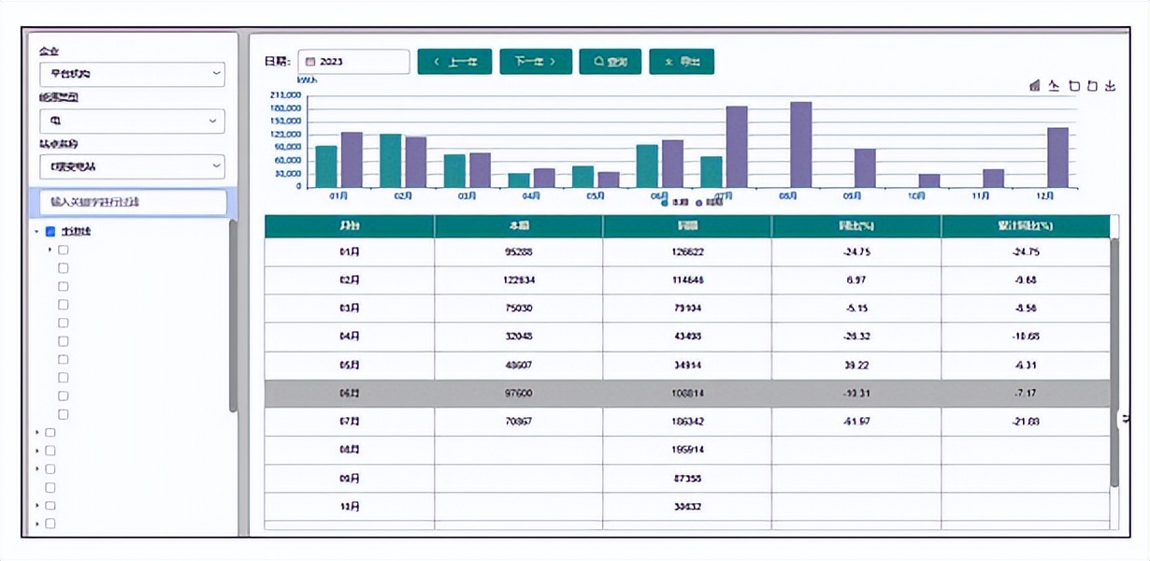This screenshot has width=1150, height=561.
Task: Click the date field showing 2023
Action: [x=353, y=62]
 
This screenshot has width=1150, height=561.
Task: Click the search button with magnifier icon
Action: [x=610, y=62]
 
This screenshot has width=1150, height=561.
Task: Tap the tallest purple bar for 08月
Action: [x=800, y=145]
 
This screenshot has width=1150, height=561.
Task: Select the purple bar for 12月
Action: [x=1057, y=157]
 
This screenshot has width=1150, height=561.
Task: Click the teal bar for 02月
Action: [x=390, y=161]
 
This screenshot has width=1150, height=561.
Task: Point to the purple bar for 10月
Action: [x=928, y=180]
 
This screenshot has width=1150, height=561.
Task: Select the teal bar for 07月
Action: [x=712, y=172]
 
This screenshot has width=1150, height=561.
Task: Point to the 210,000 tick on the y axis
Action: [x=284, y=95]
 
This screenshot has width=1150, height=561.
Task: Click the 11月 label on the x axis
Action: [x=981, y=196]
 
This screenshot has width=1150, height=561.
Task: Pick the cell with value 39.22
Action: [x=856, y=366]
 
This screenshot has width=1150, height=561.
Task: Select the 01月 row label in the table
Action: [x=349, y=252]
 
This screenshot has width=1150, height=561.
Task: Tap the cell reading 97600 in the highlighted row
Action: [x=517, y=394]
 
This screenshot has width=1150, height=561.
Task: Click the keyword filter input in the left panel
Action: [x=133, y=202]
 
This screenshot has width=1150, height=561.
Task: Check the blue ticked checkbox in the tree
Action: [x=50, y=231]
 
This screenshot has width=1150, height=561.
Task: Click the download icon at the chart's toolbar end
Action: [x=1110, y=86]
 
